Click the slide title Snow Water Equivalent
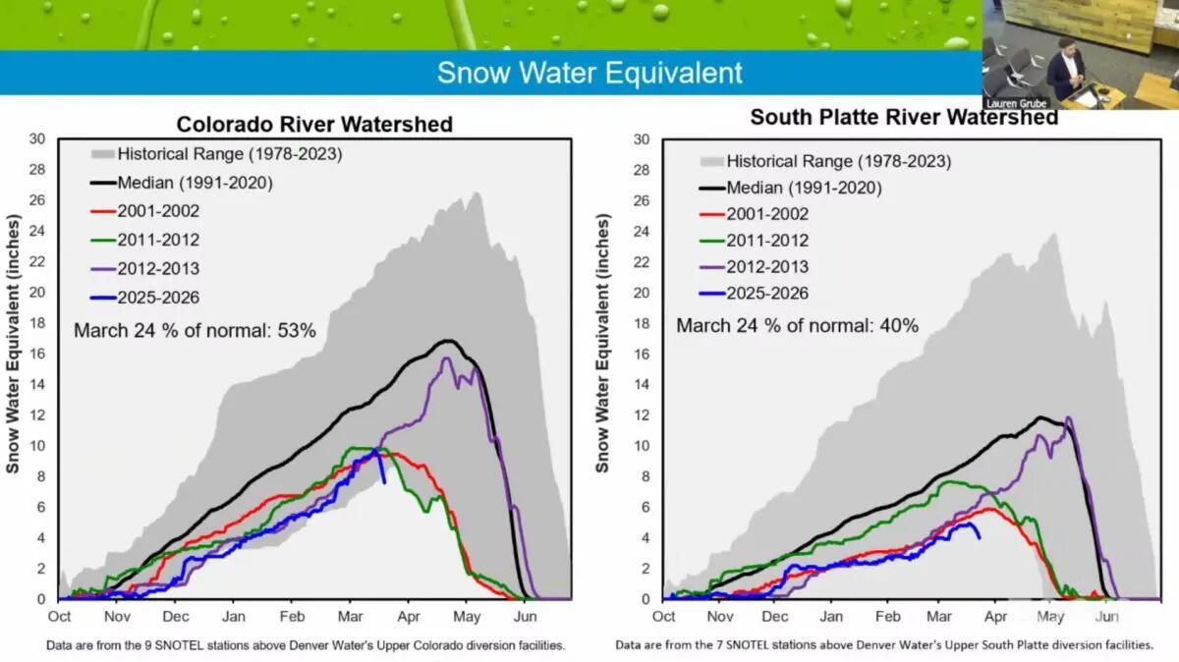pos(589,73)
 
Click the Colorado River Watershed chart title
pos(314,125)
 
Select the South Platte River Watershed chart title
pos(904,117)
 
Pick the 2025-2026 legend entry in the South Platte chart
pos(766,294)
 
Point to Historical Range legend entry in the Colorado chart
pos(229,153)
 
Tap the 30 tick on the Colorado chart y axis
pos(37,138)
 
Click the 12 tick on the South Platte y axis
pos(641,415)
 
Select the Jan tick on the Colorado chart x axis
pos(233,617)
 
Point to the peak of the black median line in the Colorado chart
pos(447,341)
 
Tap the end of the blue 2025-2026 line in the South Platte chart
pos(979,537)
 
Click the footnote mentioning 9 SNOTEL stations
pos(306,645)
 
